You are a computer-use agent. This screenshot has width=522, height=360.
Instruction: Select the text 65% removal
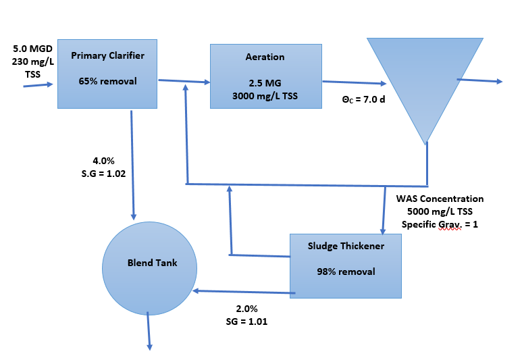coord(107,81)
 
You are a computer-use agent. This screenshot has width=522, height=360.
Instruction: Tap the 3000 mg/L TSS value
coord(265,95)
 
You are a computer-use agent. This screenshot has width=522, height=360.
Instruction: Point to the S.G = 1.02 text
coord(103,173)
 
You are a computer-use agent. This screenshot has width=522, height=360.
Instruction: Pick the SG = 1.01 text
coord(246,321)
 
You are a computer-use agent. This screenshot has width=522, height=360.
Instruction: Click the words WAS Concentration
coord(440,199)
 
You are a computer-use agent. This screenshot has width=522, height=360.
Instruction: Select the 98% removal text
coord(346,272)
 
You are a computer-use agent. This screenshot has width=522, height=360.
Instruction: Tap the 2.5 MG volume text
coord(265,83)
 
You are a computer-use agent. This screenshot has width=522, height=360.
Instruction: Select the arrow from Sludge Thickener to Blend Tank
coord(244,292)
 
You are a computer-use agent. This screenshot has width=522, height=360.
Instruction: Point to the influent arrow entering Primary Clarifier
coord(38,86)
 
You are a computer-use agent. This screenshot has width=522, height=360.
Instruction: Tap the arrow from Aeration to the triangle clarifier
coord(353,82)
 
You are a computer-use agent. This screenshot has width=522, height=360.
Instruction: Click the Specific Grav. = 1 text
coord(440,224)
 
